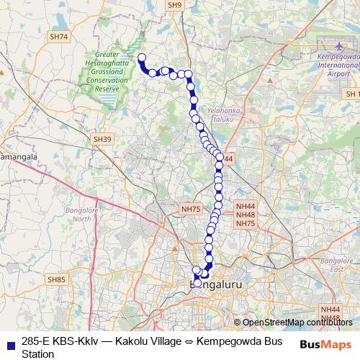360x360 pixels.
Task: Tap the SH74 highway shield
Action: [59, 36]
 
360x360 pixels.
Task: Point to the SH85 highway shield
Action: [55, 279]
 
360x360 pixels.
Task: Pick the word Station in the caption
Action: [38, 354]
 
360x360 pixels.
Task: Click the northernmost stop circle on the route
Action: [141, 58]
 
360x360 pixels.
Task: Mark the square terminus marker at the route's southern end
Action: [197, 284]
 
